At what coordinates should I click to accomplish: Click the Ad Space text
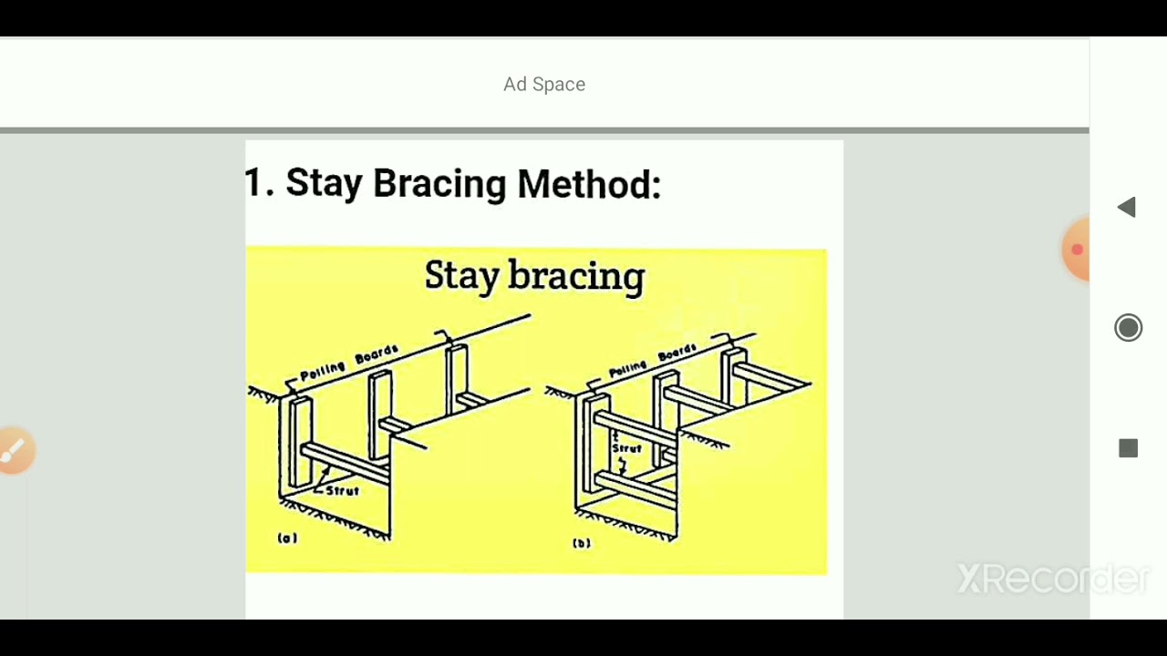(x=544, y=84)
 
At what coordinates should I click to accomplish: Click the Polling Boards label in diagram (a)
(x=348, y=364)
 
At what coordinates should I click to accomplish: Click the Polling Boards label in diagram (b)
(x=653, y=361)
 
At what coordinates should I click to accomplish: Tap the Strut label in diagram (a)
(x=342, y=490)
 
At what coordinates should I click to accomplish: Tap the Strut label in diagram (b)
(x=626, y=448)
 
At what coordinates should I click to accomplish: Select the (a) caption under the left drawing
(x=287, y=538)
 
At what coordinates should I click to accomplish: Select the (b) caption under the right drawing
(x=582, y=543)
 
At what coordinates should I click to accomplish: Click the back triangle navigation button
(x=1127, y=208)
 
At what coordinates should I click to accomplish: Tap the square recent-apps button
(x=1128, y=448)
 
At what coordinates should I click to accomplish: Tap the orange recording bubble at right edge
(x=1077, y=249)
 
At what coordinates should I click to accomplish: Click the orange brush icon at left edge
(x=15, y=450)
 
